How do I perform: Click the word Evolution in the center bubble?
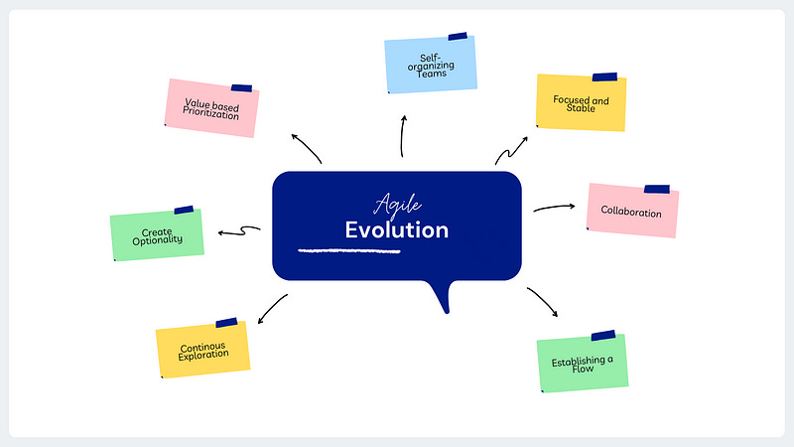click(x=397, y=230)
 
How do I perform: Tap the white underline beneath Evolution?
click(x=349, y=250)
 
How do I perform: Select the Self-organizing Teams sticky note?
click(x=430, y=65)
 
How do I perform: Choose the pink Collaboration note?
click(x=631, y=211)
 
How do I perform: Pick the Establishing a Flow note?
click(x=583, y=362)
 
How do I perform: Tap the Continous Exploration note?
click(x=202, y=350)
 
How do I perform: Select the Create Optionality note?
click(x=157, y=235)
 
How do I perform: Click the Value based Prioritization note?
click(x=211, y=110)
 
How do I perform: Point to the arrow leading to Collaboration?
click(x=554, y=208)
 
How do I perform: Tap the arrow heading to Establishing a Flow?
click(x=543, y=302)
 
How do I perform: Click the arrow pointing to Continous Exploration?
click(x=273, y=308)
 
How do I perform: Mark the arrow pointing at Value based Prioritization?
click(x=307, y=147)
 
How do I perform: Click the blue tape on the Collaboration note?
click(x=656, y=189)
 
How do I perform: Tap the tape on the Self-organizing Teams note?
click(x=458, y=37)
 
